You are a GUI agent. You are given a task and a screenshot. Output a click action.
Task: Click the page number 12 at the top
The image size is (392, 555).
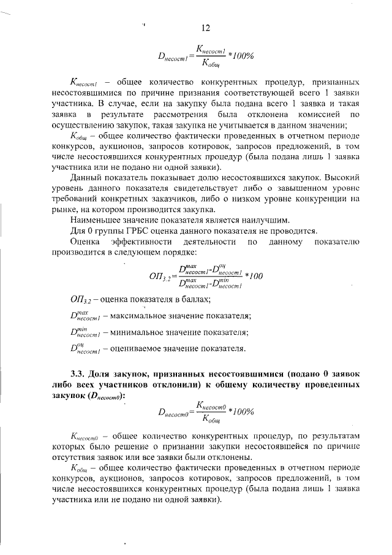coord(206,28)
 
